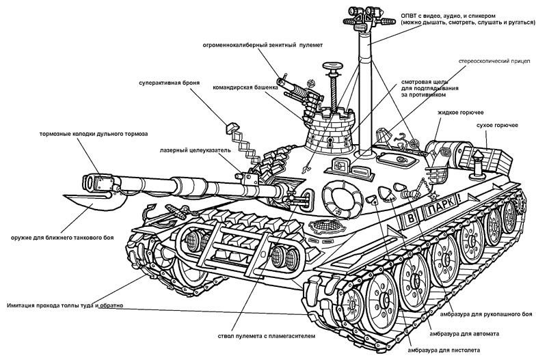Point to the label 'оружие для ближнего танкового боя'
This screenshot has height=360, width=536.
tap(62, 238)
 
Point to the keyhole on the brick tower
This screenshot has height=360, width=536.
tap(329, 143)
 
